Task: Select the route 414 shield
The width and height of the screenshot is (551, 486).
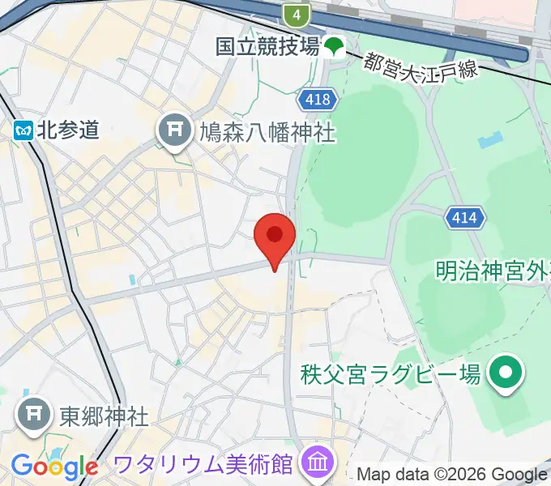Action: pyautogui.click(x=465, y=217)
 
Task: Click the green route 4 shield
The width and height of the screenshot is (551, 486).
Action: pyautogui.click(x=297, y=14)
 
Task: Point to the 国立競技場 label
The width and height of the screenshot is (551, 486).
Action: pyautogui.click(x=267, y=47)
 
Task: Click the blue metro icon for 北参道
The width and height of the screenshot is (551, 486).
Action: pyautogui.click(x=22, y=130)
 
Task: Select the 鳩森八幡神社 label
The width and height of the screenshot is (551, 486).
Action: pyautogui.click(x=267, y=132)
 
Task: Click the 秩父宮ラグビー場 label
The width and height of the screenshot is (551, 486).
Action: pyautogui.click(x=391, y=373)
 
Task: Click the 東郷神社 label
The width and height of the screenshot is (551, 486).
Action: pyautogui.click(x=104, y=416)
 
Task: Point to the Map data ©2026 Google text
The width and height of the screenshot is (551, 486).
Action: pyautogui.click(x=452, y=475)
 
